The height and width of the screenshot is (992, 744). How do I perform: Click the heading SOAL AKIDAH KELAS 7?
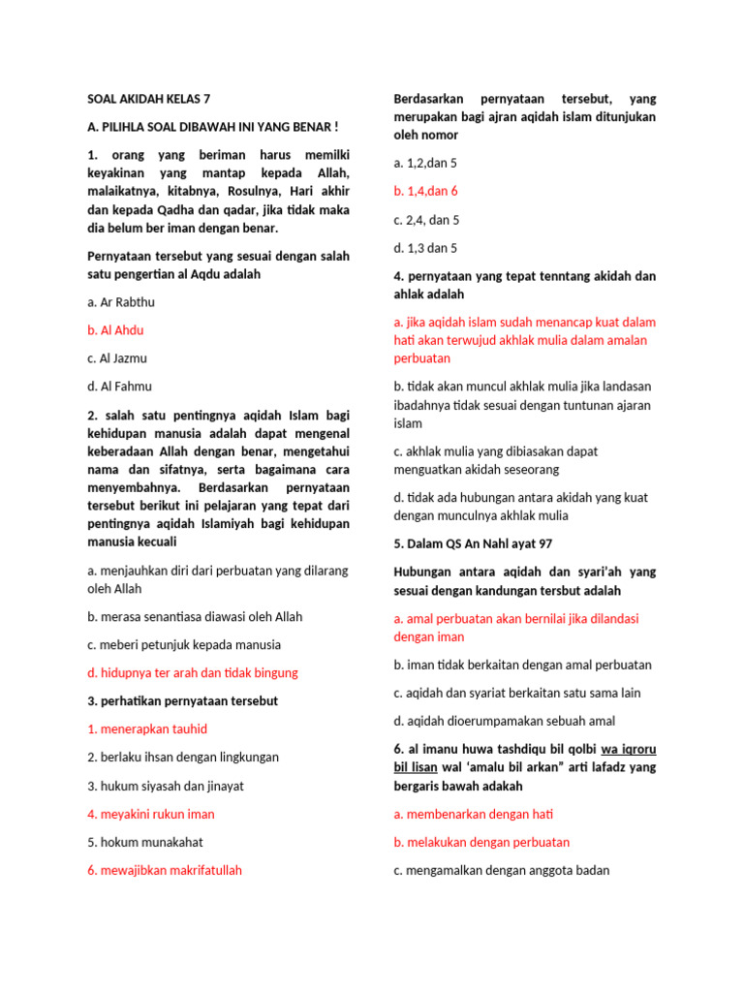(148, 99)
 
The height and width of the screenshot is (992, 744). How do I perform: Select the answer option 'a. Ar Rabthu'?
(121, 302)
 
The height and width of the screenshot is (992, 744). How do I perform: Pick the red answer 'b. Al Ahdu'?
(115, 330)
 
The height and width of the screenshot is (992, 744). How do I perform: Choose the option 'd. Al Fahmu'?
(119, 387)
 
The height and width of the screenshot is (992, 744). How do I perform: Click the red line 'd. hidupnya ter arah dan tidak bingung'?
(193, 672)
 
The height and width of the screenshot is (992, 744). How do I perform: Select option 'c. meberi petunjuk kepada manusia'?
(184, 644)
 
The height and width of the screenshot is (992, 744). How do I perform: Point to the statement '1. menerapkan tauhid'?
(147, 728)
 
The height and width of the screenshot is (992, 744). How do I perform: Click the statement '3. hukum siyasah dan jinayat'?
(166, 786)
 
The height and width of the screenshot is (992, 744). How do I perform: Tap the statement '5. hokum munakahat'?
(145, 842)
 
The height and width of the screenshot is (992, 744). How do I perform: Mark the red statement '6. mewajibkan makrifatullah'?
(165, 870)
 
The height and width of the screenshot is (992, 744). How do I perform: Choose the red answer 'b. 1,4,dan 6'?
(425, 191)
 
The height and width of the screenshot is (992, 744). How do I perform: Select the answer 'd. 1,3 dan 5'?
(425, 248)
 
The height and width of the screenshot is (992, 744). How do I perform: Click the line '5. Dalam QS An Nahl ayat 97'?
(473, 543)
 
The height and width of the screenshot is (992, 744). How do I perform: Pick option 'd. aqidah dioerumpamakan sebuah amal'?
(504, 721)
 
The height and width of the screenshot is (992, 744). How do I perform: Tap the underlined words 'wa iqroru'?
(629, 749)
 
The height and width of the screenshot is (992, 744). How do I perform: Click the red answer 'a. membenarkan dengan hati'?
(474, 814)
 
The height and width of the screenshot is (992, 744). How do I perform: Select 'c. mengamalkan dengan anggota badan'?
(502, 870)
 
